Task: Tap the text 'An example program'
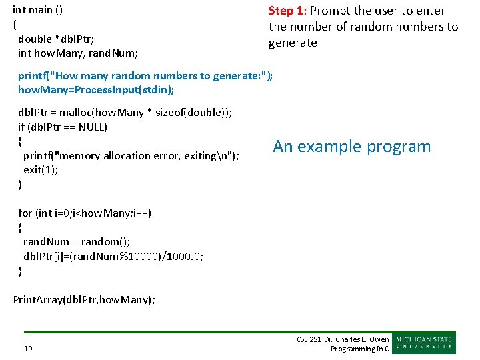pos(352,147)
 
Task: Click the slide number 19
pos(29,348)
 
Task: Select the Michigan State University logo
pos(425,343)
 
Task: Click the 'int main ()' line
pos(38,10)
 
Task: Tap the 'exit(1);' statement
pos(41,170)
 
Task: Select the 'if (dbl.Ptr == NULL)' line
pos(63,127)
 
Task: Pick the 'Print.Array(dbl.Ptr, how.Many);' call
pos(84,300)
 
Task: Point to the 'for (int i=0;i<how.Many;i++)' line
pos(85,213)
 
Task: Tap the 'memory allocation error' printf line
pos(131,156)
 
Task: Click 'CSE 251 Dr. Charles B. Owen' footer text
pos(343,339)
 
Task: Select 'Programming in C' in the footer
pos(359,349)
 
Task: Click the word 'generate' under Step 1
pos(293,43)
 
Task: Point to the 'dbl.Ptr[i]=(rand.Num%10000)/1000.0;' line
pos(113,256)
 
